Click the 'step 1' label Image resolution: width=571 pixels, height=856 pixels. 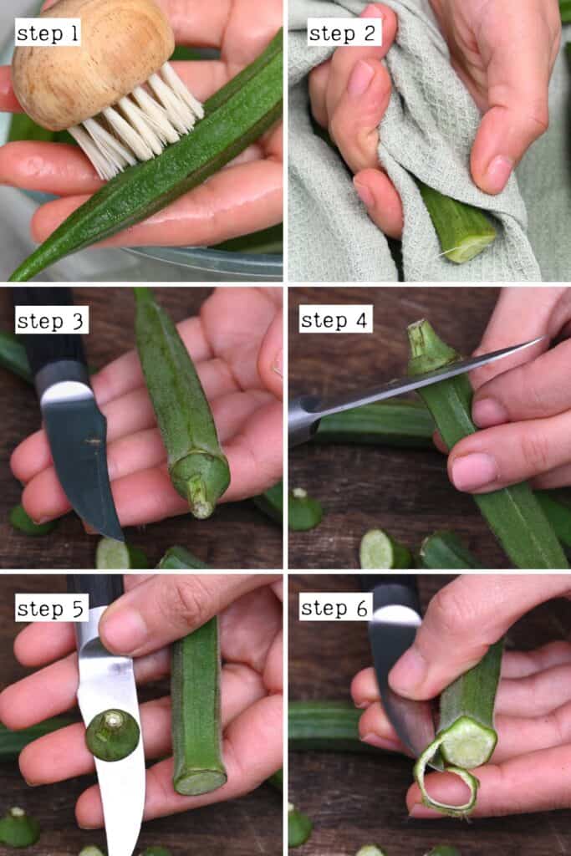tap(48, 34)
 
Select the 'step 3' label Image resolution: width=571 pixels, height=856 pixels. tap(51, 320)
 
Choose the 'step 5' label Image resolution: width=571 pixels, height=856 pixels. tap(51, 608)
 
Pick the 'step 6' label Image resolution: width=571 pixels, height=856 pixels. tap(335, 608)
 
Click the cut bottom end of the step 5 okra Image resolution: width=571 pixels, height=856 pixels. tap(199, 781)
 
